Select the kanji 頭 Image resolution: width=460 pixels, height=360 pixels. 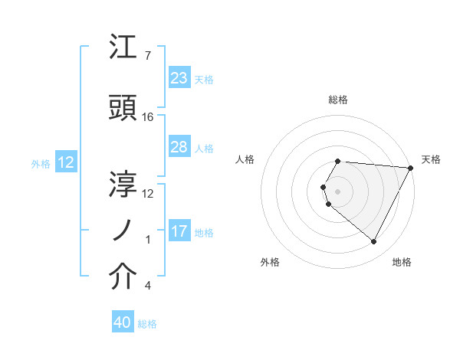(x=123, y=110)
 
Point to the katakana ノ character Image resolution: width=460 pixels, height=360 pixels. (x=123, y=231)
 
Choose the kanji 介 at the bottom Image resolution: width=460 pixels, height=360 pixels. (x=123, y=278)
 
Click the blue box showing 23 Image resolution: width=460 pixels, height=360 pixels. (x=179, y=78)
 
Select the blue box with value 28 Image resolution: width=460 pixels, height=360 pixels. (x=179, y=147)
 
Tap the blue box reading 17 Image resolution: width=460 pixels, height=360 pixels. (x=179, y=231)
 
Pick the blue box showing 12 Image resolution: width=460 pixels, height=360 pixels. (x=66, y=162)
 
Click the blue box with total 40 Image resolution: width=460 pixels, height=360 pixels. (x=123, y=323)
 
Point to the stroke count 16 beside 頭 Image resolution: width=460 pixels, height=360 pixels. (x=148, y=117)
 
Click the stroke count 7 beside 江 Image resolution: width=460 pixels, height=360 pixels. (x=147, y=56)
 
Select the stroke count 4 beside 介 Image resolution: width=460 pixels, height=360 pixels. (x=147, y=286)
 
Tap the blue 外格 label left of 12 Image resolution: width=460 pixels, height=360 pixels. (x=41, y=163)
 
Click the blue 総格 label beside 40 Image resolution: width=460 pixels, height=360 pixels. (x=147, y=324)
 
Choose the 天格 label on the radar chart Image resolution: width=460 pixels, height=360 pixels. (x=431, y=159)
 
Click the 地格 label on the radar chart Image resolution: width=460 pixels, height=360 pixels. (x=402, y=262)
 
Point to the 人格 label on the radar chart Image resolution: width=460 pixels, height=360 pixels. (x=245, y=159)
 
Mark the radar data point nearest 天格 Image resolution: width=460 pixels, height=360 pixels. (x=411, y=168)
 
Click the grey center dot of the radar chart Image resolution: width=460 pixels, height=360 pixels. (x=337, y=191)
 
